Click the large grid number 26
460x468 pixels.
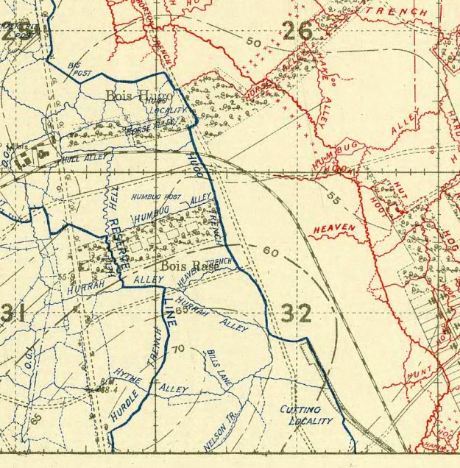pyautogui.click(x=297, y=31)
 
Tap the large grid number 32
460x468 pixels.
pyautogui.click(x=296, y=313)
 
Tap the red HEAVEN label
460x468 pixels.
pyautogui.click(x=334, y=230)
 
